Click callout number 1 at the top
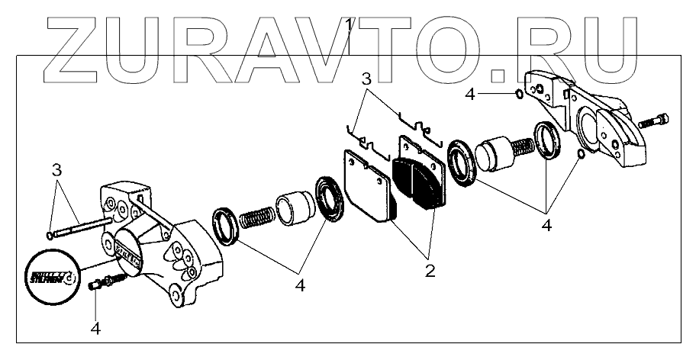pyautogui.click(x=348, y=26)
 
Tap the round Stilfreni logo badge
pyautogui.click(x=52, y=270)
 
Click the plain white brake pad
pyautogui.click(x=367, y=186)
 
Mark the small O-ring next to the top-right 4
pyautogui.click(x=519, y=94)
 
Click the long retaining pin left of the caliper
pyautogui.click(x=81, y=227)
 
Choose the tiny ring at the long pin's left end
pyautogui.click(x=50, y=236)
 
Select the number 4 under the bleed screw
pyautogui.click(x=95, y=329)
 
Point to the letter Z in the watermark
pyautogui.click(x=77, y=49)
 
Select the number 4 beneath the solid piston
pyautogui.click(x=546, y=225)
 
